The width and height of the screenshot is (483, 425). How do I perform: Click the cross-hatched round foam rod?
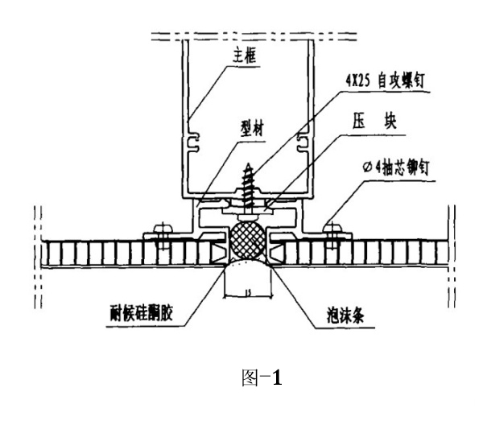[x=249, y=241]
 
